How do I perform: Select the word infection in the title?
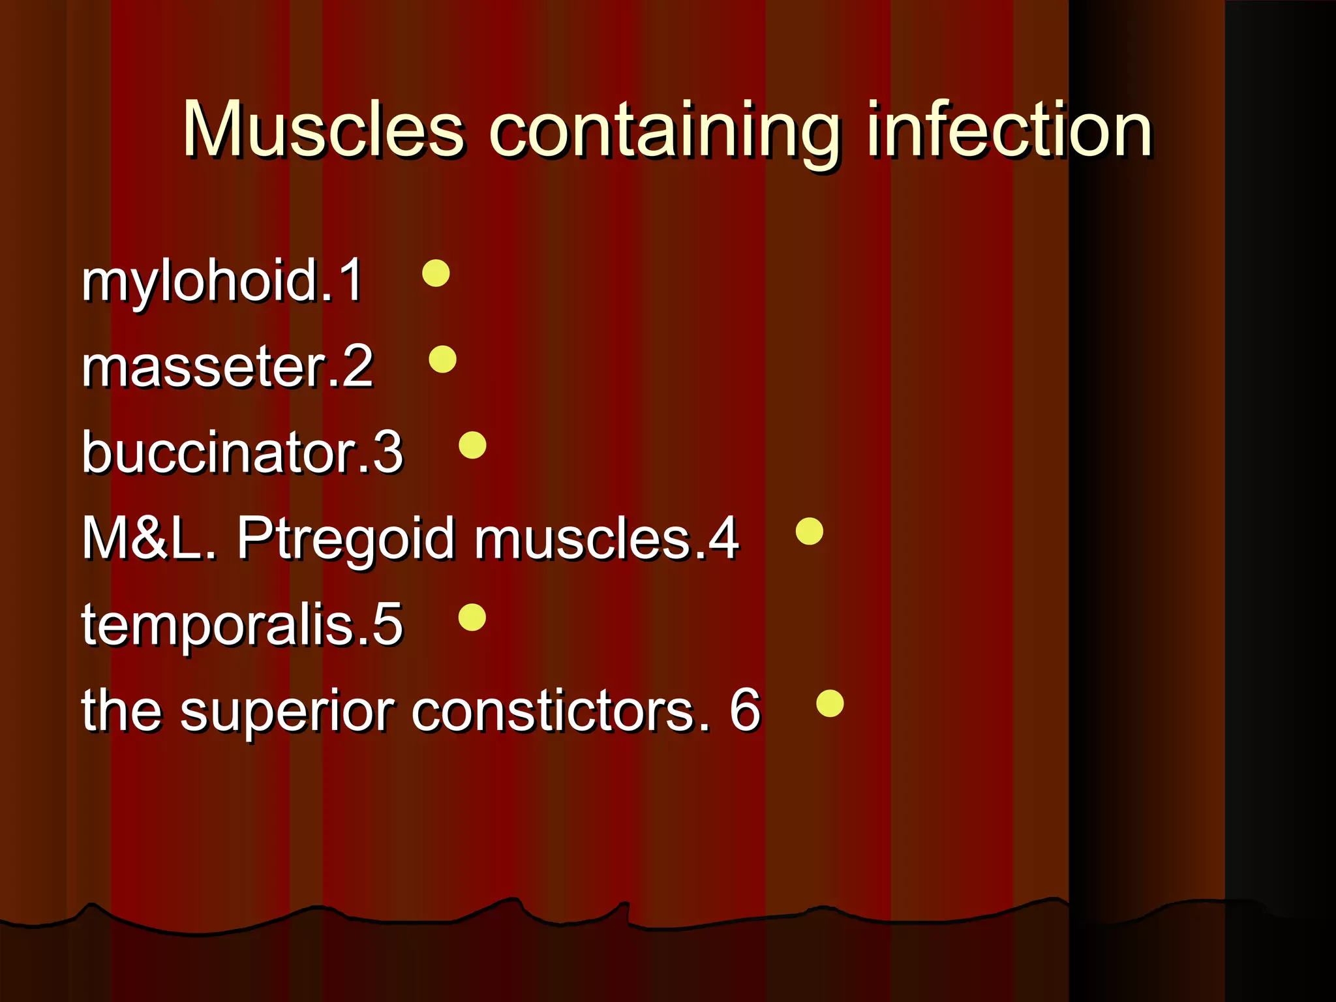[x=1009, y=130]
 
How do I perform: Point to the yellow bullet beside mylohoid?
[x=436, y=273]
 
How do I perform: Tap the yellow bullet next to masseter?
[x=442, y=359]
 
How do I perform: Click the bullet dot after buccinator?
[x=472, y=446]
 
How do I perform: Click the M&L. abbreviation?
[x=149, y=539]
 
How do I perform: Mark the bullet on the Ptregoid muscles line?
[x=810, y=531]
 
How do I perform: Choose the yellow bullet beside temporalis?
[x=472, y=617]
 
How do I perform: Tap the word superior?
[x=287, y=712]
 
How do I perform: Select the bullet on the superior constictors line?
[x=830, y=703]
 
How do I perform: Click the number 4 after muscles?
[x=723, y=539]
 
